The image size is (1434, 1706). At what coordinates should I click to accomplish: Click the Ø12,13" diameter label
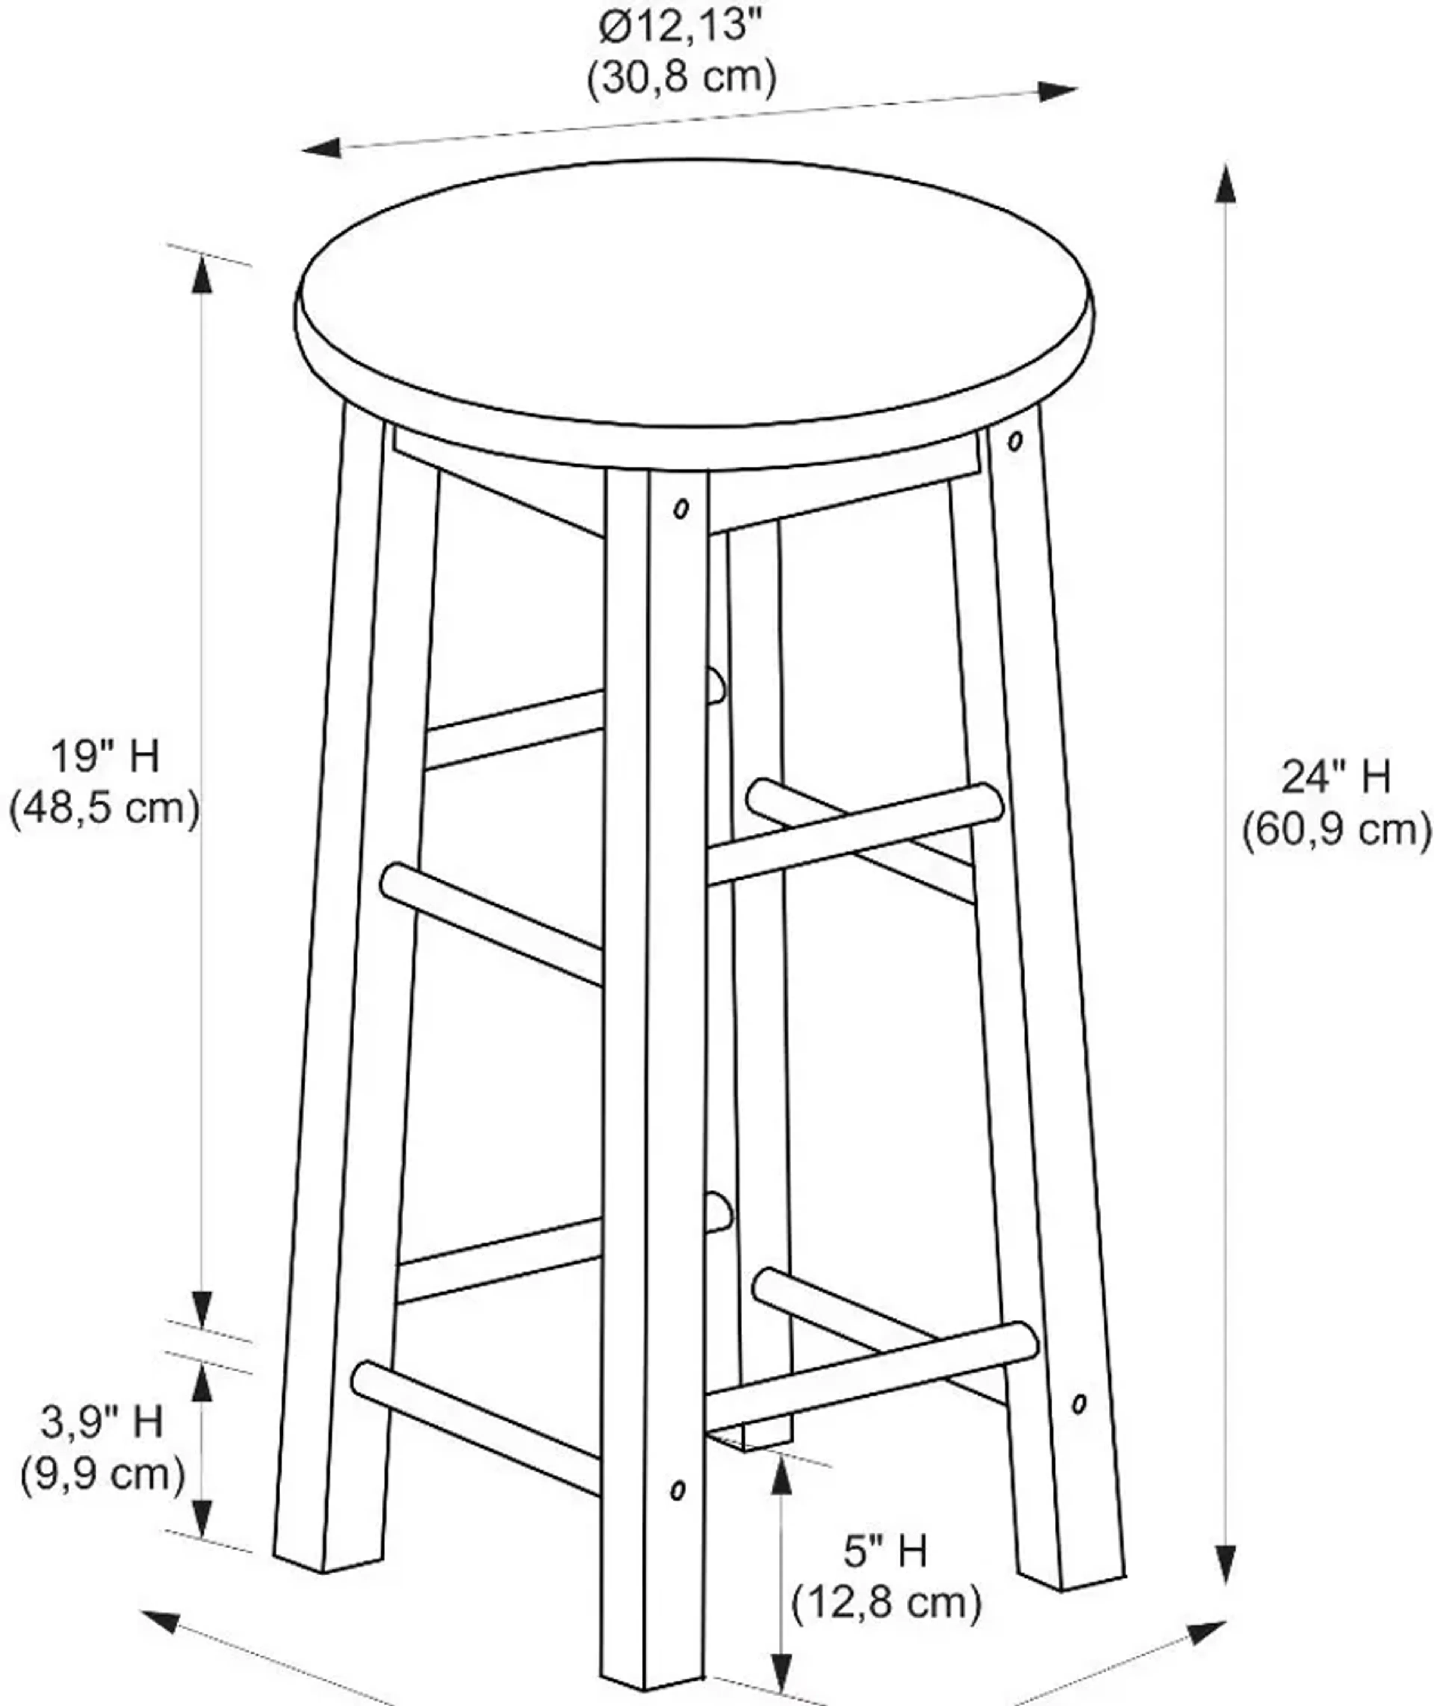pos(681,27)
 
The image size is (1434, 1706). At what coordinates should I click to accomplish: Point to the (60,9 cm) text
pos(1336,830)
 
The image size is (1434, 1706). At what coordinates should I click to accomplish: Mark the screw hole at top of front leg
pos(681,509)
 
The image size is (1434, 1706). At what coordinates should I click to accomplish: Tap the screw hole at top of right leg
pos(1015,441)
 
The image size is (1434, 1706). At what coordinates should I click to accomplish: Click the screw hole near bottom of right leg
pos(1079,1404)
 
